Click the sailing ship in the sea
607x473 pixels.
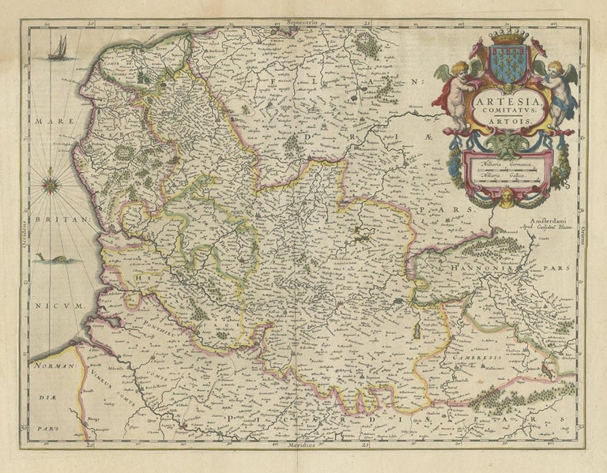tap(58, 49)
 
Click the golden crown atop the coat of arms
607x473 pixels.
tap(506, 36)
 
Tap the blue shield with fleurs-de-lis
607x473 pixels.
tap(506, 63)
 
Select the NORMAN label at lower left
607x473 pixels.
tap(54, 366)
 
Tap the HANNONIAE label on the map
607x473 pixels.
tap(483, 268)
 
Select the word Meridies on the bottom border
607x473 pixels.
tap(303, 447)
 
